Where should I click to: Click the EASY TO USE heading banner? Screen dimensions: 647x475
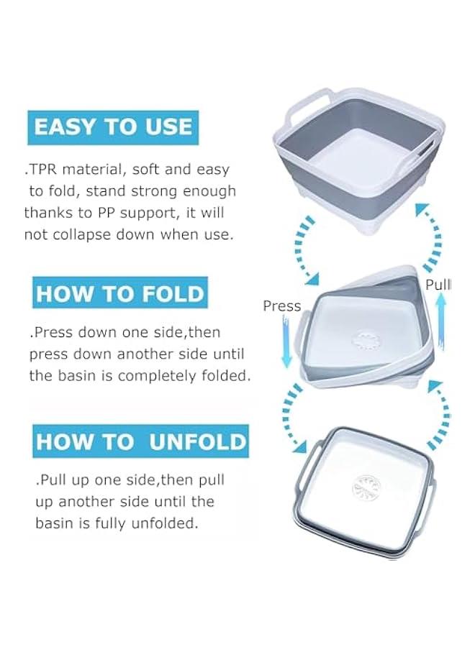[x=113, y=128]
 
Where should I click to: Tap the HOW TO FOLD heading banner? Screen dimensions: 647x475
[x=120, y=294]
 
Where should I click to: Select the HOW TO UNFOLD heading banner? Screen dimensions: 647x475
[x=140, y=441]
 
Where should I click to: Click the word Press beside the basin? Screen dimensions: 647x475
[x=282, y=306]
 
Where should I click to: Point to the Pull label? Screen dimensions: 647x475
[x=437, y=285]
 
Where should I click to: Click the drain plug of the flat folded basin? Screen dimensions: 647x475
[x=365, y=488]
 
